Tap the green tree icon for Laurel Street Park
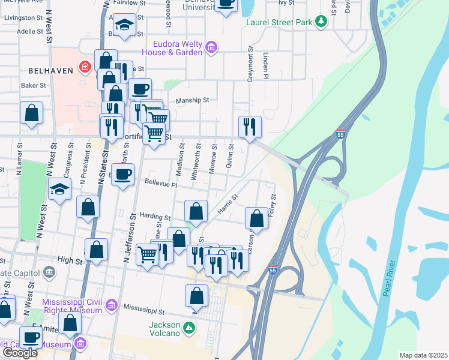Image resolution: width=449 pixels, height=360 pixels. (322, 22)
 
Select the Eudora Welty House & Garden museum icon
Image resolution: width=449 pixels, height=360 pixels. (211, 47)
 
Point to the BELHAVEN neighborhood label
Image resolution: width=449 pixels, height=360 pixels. (50, 70)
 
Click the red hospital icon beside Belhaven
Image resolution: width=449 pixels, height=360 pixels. (85, 67)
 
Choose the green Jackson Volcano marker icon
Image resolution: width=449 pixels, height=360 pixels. (189, 328)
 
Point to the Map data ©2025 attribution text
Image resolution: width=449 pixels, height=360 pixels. (423, 355)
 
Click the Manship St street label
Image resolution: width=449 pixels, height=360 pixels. (192, 101)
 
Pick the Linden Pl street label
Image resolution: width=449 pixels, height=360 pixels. (264, 67)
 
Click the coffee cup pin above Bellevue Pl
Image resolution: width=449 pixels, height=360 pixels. (123, 175)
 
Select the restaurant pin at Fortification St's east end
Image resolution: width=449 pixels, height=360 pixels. (250, 127)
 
